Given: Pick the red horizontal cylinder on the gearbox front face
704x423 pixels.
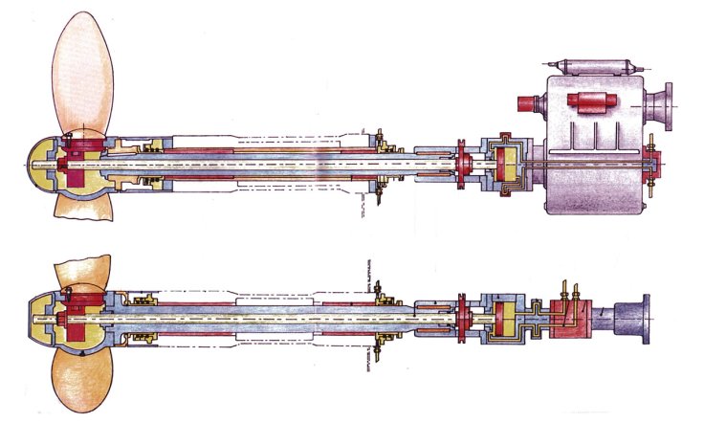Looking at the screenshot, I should point(585,102).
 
